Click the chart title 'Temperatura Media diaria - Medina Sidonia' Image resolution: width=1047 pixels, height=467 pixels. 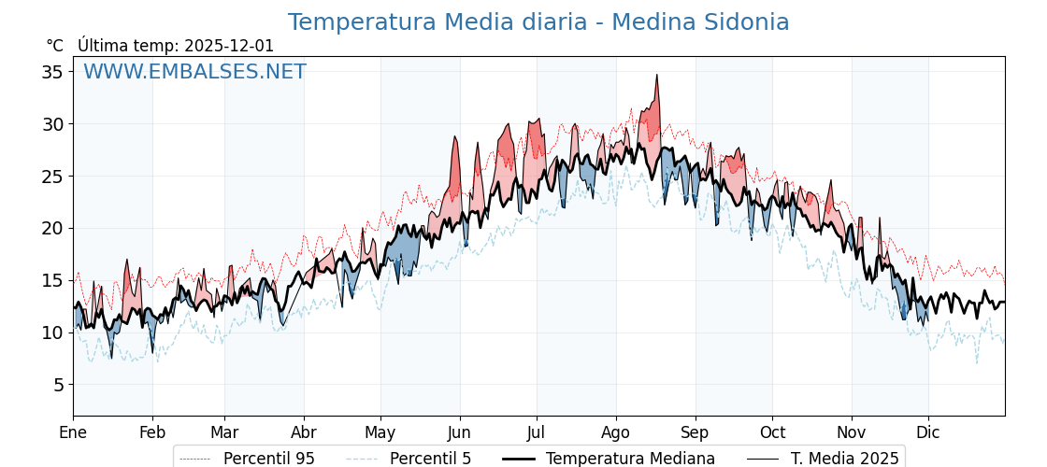pos(538,22)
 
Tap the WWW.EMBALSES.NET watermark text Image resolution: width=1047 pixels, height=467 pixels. pos(194,72)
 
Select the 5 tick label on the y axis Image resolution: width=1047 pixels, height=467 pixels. pos(57,385)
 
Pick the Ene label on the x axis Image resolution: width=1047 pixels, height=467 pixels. pos(73,432)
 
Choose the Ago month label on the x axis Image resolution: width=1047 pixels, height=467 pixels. pos(616,432)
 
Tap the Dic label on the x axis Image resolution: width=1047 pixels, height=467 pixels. pos(928,432)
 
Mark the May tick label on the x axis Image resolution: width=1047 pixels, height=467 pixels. pos(380,432)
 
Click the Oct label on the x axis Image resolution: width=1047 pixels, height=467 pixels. pos(772,432)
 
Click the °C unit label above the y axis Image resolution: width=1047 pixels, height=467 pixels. pos(55,46)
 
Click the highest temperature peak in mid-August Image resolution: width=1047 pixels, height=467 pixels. pos(657,76)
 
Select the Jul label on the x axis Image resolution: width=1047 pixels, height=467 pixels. pos(537,432)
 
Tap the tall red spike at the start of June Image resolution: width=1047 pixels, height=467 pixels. pos(455,138)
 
